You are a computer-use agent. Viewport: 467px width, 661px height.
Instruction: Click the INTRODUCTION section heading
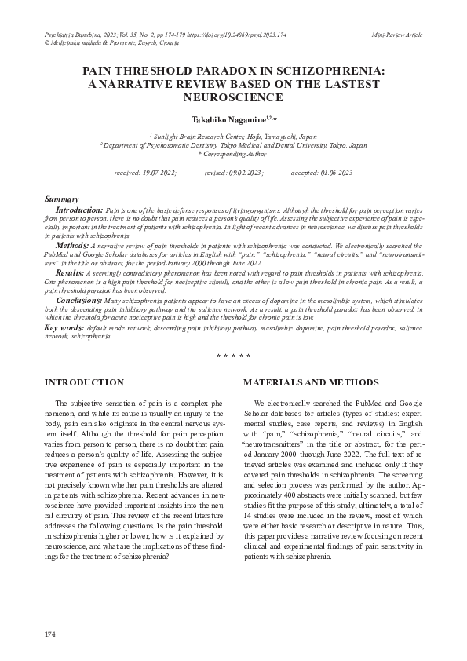pos(84,382)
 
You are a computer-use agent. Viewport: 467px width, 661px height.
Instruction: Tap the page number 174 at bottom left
pos(50,634)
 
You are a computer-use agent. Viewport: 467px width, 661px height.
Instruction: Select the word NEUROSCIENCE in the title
pos(233,97)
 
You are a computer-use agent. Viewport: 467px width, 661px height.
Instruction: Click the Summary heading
pos(60,200)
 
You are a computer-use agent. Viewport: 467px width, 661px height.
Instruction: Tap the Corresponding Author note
pos(233,154)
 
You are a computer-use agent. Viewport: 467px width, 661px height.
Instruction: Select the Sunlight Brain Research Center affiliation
pos(233,137)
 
